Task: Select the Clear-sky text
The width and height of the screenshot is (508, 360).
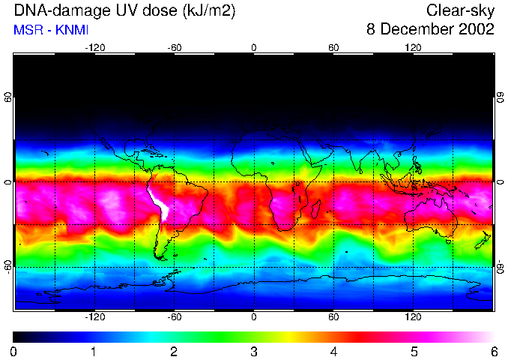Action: pos(460,11)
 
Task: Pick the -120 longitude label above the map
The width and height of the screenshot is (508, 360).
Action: pos(94,47)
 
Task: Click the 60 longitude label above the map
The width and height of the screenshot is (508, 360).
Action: pos(333,47)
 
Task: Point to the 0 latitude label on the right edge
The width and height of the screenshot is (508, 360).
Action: pos(500,182)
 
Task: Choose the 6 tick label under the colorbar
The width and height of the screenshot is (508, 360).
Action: pos(494,351)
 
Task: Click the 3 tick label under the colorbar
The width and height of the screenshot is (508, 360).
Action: pos(254,351)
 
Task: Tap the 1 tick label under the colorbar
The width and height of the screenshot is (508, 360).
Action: pos(94,351)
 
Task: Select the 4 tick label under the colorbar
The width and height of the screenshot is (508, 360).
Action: pos(333,351)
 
